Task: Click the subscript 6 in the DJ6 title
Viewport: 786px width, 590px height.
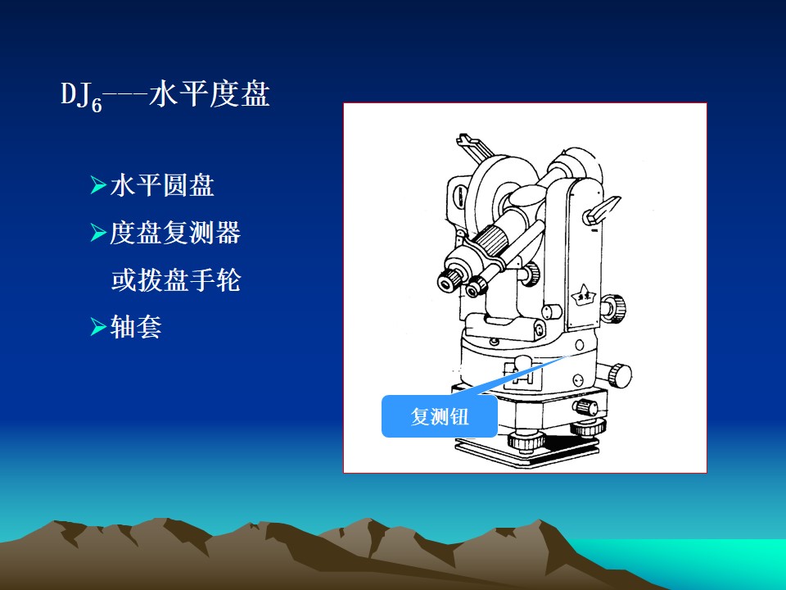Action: coord(97,104)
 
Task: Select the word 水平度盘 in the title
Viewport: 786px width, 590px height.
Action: coord(210,93)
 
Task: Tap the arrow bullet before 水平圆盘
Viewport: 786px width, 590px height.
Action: coord(98,185)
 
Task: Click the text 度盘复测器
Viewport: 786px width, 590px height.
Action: coord(175,232)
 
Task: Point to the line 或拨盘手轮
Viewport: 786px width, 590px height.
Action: coord(176,280)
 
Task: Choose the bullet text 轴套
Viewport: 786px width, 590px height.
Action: coord(136,327)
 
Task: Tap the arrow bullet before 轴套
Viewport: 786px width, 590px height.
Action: coord(98,327)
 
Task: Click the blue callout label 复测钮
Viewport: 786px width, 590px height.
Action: coord(440,416)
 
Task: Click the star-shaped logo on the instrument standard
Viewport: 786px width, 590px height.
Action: coord(583,294)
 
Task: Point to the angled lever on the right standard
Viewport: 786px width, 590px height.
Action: coord(600,211)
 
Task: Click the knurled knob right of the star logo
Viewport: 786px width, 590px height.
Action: coord(614,307)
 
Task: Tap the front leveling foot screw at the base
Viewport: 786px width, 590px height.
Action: coord(526,440)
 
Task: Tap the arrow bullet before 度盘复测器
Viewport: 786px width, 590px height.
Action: coord(98,232)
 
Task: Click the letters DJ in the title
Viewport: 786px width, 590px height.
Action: coord(75,93)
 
